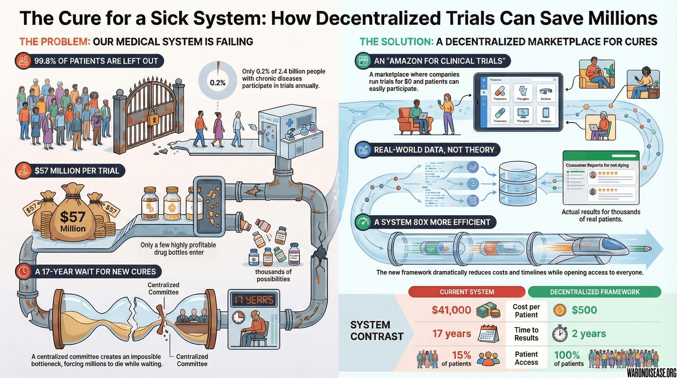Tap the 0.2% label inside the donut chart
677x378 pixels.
[x=218, y=83]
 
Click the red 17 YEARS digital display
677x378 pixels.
[x=254, y=300]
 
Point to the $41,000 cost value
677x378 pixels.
[x=451, y=310]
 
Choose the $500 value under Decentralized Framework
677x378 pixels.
[x=584, y=310]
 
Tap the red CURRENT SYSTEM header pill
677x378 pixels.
[x=467, y=292]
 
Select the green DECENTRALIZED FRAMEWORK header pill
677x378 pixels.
[x=595, y=292]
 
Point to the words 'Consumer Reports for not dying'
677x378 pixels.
[x=597, y=165]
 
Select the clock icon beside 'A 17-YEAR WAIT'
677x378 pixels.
[x=24, y=271]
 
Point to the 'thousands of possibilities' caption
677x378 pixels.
[x=273, y=275]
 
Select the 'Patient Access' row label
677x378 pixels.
[x=526, y=358]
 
